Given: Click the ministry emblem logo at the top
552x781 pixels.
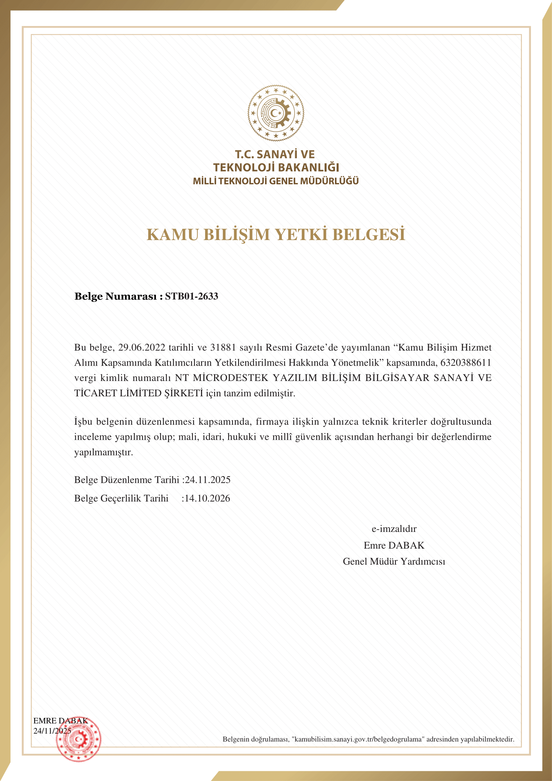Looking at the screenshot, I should pyautogui.click(x=276, y=113).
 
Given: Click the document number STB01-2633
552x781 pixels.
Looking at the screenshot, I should pyautogui.click(x=191, y=296).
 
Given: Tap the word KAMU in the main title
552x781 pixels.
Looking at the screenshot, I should pyautogui.click(x=172, y=235).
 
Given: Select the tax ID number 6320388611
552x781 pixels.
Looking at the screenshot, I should pyautogui.click(x=466, y=363).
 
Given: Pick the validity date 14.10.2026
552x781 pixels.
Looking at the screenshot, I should pyautogui.click(x=207, y=498).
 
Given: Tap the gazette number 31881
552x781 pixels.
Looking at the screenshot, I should pyautogui.click(x=223, y=347).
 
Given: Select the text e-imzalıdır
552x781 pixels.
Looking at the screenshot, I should pyautogui.click(x=394, y=529).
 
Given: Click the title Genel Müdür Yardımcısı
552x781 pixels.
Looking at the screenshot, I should pyautogui.click(x=394, y=561).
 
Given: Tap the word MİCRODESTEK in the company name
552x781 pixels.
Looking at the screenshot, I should pyautogui.click(x=231, y=378).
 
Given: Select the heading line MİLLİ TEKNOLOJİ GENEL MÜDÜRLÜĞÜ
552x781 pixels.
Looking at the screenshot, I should pyautogui.click(x=276, y=181).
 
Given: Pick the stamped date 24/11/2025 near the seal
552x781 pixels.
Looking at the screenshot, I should pyautogui.click(x=52, y=731).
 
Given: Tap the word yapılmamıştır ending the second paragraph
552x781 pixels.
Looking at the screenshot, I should pyautogui.click(x=104, y=452).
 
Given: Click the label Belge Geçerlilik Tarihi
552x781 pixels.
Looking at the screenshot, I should pyautogui.click(x=122, y=498).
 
